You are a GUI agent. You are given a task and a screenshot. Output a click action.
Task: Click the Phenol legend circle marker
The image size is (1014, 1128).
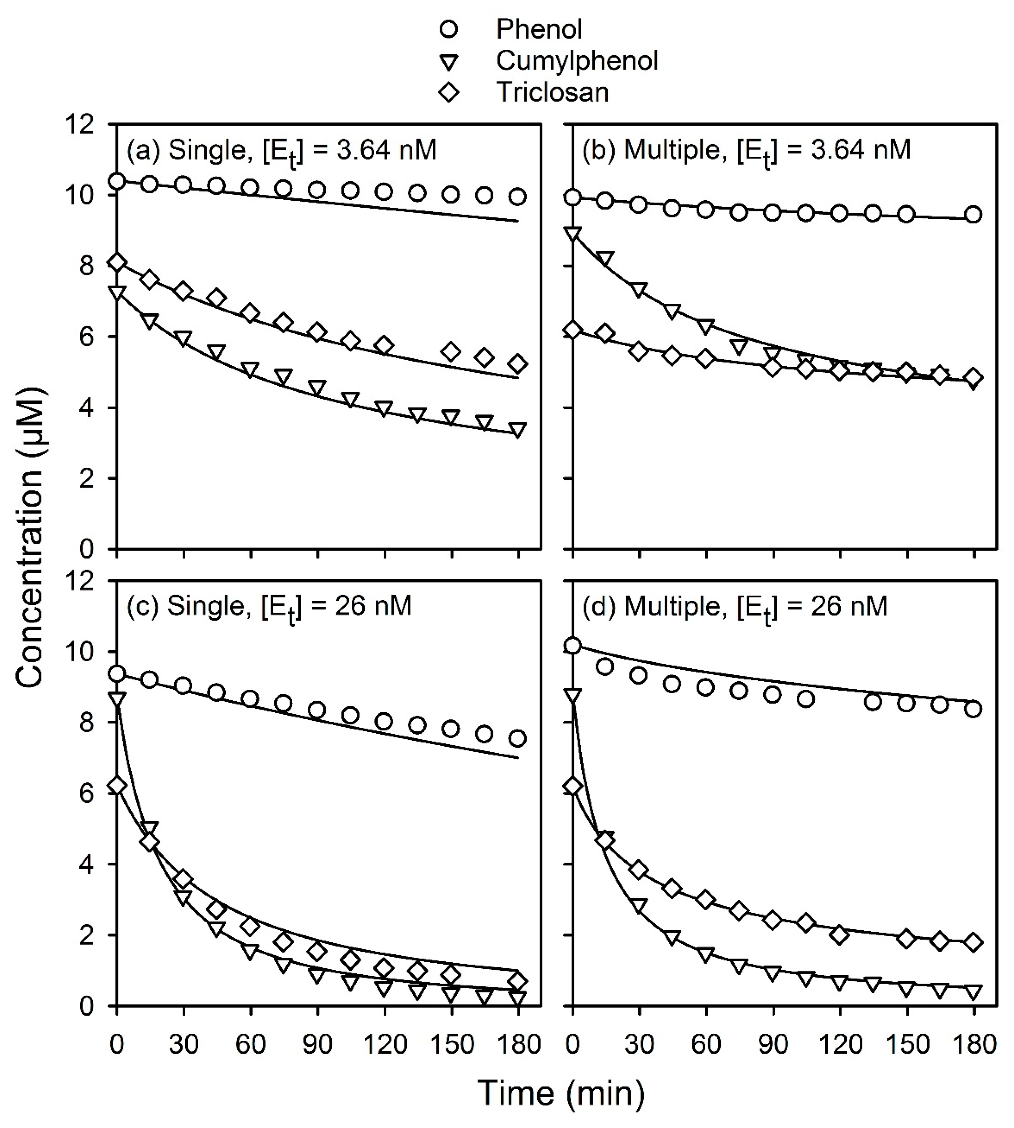point(448,29)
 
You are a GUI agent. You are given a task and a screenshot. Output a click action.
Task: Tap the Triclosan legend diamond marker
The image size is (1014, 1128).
point(448,92)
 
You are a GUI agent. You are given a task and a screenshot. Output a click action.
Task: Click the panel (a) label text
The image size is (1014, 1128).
point(281,151)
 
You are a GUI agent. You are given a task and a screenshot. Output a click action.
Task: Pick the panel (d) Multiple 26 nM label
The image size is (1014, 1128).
point(734,606)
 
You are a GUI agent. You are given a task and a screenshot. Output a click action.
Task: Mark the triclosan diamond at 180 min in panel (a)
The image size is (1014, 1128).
point(518,364)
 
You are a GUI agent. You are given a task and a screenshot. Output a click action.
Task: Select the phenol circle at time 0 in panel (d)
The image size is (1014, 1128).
point(573,646)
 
